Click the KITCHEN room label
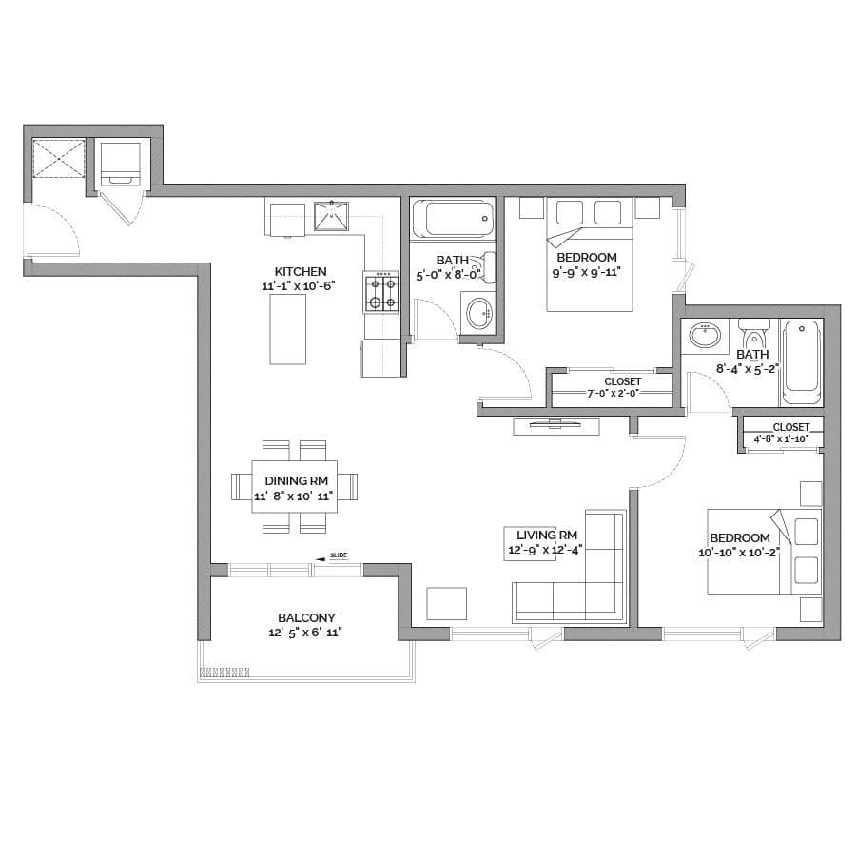pos(300,272)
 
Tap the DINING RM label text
pos(296,481)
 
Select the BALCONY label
pos(306,617)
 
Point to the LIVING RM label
pos(547,536)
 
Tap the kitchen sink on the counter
pos(331,216)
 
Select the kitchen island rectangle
pos(287,329)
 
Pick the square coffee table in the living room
pos(446,603)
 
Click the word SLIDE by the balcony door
pos(339,555)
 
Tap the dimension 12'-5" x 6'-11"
pos(305,633)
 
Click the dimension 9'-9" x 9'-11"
pos(587,272)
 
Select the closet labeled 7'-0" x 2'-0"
pos(612,389)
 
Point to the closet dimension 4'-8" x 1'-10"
pos(782,438)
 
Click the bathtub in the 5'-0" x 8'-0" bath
pos(453,219)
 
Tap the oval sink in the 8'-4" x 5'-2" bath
pos(706,335)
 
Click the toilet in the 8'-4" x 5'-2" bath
pos(755,335)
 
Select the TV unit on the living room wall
pos(556,426)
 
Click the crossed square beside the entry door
pos(58,159)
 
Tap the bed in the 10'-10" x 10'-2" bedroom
pos(765,552)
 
